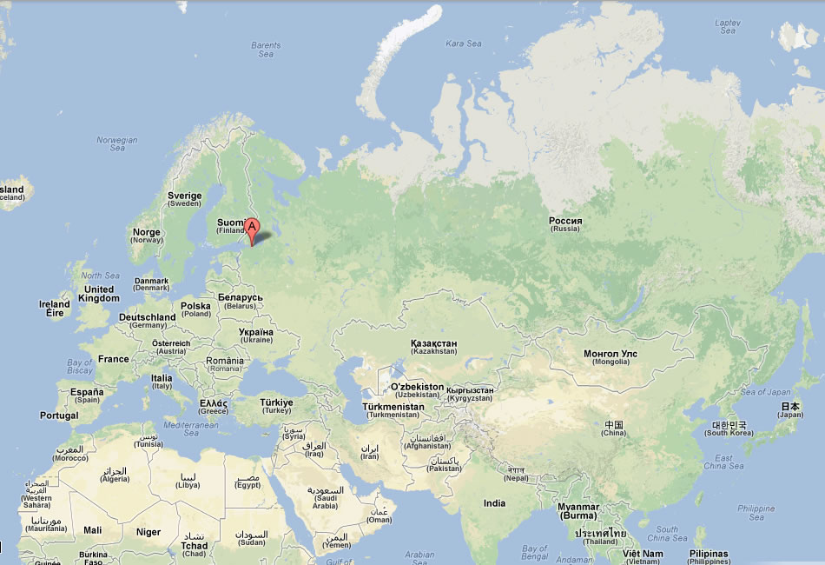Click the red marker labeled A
click(252, 229)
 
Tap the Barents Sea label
click(266, 50)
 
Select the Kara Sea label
click(463, 43)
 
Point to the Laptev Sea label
click(727, 27)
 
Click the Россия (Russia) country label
click(565, 224)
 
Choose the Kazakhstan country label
click(433, 347)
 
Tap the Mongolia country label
click(610, 357)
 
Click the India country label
click(494, 502)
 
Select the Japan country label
click(789, 410)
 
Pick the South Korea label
click(730, 429)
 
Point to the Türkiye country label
click(277, 407)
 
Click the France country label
click(114, 359)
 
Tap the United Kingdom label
click(98, 294)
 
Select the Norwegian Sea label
click(117, 144)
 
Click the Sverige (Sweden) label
click(184, 200)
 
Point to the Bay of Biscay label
click(80, 367)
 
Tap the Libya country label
click(188, 481)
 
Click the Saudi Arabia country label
click(326, 497)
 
